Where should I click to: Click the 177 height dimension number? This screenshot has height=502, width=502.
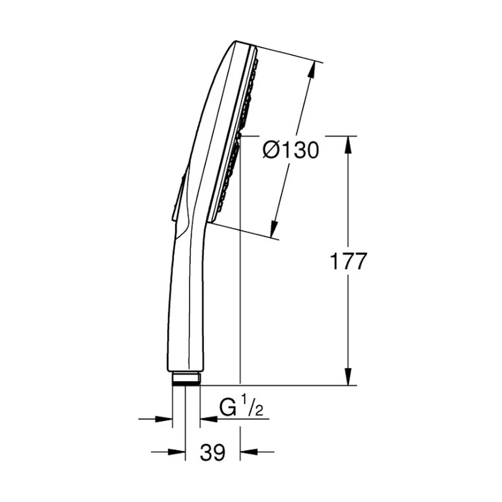click(x=348, y=261)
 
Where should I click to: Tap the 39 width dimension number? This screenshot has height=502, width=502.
click(x=213, y=453)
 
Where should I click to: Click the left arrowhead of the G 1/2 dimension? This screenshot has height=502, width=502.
click(x=164, y=419)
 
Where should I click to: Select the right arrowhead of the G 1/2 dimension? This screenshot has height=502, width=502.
click(x=209, y=419)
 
